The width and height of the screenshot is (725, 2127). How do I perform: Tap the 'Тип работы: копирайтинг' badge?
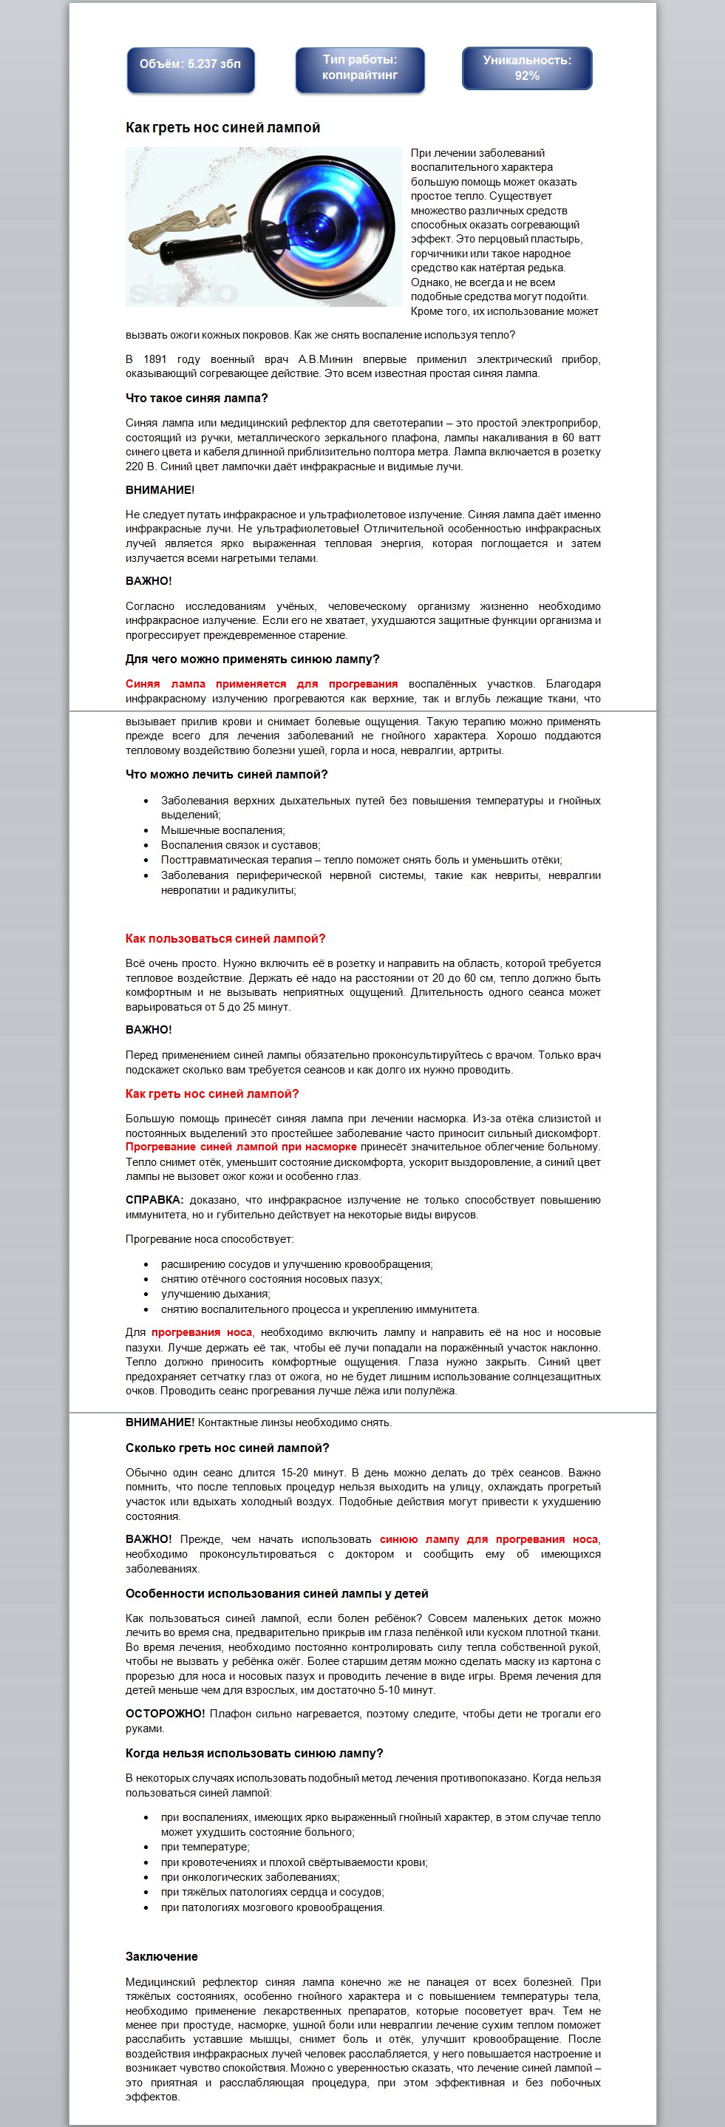click(x=360, y=69)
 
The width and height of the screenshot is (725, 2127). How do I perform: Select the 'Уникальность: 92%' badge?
click(x=527, y=69)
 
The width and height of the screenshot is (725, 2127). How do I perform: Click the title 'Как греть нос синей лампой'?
click(x=223, y=128)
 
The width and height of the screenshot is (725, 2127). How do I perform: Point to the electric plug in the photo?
click(x=219, y=217)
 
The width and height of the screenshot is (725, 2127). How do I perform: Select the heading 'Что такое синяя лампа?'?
click(x=197, y=398)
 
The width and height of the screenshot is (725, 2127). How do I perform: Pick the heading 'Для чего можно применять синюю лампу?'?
click(x=253, y=659)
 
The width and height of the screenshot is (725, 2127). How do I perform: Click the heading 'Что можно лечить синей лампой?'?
click(x=226, y=775)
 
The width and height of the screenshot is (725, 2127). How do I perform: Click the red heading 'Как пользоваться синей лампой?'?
click(x=225, y=939)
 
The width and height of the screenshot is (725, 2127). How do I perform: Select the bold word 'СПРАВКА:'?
click(x=154, y=1200)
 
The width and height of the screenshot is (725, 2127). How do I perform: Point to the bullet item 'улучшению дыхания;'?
click(x=216, y=1294)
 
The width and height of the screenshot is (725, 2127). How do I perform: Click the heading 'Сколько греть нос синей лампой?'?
click(x=227, y=1448)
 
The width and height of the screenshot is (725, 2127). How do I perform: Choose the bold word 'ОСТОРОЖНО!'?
click(x=165, y=1713)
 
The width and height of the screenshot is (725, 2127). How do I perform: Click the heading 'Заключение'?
click(x=162, y=1956)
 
